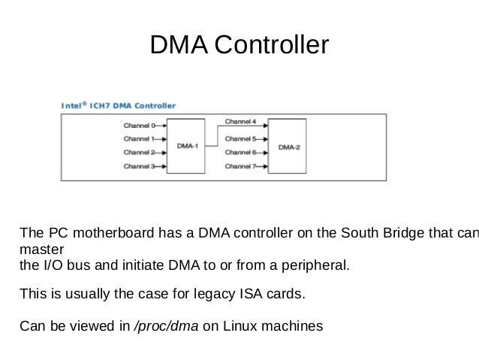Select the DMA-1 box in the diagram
click(x=188, y=146)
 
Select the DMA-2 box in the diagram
click(x=289, y=147)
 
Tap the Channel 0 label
click(x=138, y=126)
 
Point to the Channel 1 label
click(x=138, y=139)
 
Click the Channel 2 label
click(x=138, y=153)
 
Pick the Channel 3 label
click(x=138, y=166)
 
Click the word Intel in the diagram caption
click(x=72, y=105)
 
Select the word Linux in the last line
click(x=236, y=327)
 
